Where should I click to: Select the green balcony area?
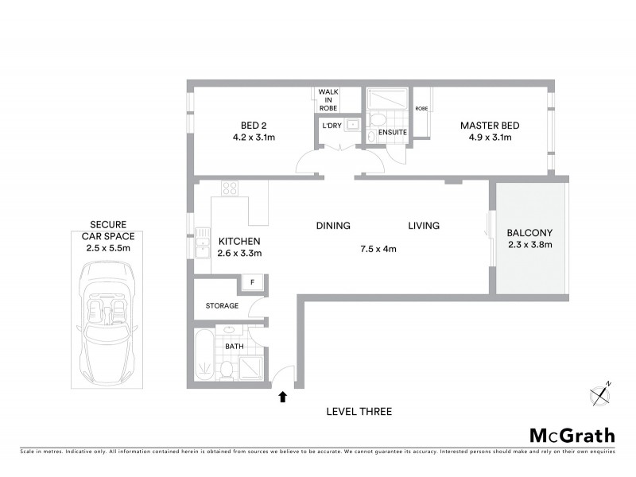coord(529,238)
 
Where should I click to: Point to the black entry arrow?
coord(282,395)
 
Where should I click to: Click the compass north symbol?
coord(600,393)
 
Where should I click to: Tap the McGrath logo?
coord(572,435)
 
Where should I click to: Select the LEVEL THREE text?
coord(359,412)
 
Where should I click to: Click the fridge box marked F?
coord(253,283)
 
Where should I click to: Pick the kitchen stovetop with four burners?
coord(231,189)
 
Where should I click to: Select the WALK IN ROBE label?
coord(328,99)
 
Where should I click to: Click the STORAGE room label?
coord(222,305)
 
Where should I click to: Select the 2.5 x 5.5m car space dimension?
coord(107,248)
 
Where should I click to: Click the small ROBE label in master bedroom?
coord(421,108)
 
